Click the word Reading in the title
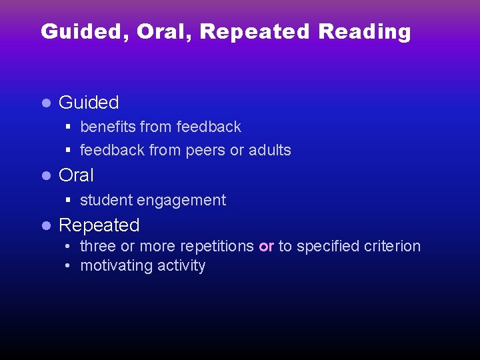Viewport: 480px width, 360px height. coord(365,32)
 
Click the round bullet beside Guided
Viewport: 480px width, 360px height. coord(46,103)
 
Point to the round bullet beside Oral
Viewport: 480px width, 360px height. coord(46,176)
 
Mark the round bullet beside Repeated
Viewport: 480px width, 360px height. coord(46,226)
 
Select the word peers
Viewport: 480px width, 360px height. coord(205,150)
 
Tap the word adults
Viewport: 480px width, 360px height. coord(269,150)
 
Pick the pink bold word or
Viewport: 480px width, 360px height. coord(266,247)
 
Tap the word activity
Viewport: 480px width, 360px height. coord(181,266)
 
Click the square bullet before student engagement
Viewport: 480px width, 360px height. coord(69,200)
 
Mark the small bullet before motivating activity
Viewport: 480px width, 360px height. coord(69,266)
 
